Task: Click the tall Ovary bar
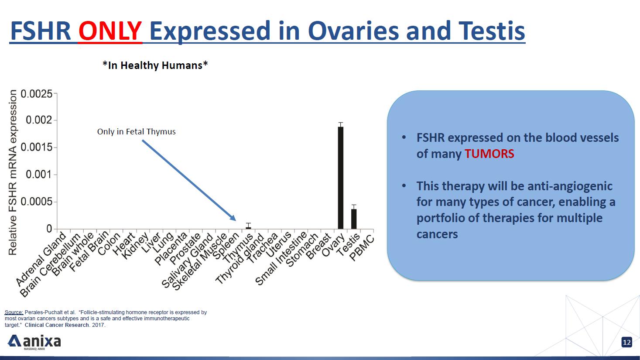pos(340,178)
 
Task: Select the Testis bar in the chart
pos(354,219)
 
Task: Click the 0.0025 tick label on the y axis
pos(37,94)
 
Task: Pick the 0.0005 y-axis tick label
pos(37,202)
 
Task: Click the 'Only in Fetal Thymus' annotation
pos(136,131)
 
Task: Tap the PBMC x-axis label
pos(362,247)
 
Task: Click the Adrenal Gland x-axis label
pos(41,259)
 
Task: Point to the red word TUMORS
pos(489,154)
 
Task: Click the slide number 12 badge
pos(626,343)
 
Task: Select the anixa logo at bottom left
pos(35,342)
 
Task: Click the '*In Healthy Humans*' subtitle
pos(155,65)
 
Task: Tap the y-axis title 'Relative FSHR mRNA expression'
pos(13,172)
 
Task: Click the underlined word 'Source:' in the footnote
pos(14,312)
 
